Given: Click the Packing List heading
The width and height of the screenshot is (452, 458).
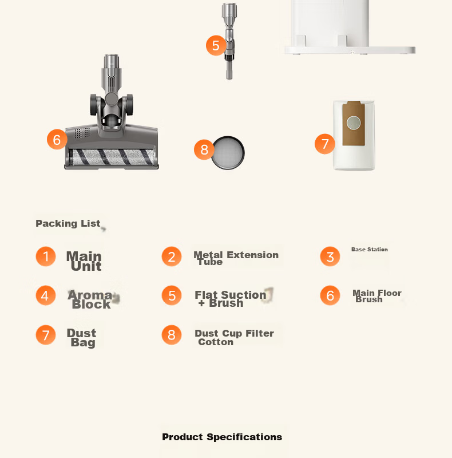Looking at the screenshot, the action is point(68,223).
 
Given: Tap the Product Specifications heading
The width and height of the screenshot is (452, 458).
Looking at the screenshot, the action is point(222,437).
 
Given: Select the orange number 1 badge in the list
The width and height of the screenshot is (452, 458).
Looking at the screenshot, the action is point(46,256).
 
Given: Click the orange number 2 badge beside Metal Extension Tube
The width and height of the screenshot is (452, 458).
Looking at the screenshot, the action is point(172,256).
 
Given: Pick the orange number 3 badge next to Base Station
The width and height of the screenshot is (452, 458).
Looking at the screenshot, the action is point(330,256).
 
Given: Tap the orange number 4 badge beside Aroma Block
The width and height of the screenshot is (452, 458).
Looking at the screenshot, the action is point(46,295).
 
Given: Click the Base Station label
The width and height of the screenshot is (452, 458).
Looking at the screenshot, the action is point(370,250).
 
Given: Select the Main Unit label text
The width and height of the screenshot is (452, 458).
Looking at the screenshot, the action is point(84,261).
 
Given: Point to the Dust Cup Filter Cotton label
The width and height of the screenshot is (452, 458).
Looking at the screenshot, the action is point(234,337).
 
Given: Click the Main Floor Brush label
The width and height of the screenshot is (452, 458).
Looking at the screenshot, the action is point(377,296).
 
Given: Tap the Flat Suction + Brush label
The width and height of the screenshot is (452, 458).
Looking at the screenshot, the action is point(231,299).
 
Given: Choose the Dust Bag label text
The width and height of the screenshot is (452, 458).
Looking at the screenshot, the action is point(81,338).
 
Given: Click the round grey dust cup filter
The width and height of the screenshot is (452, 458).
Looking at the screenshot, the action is point(228,153).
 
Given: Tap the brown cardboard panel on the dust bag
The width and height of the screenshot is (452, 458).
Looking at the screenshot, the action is point(354,123).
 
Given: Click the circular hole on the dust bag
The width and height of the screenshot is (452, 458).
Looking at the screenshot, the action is point(354,123).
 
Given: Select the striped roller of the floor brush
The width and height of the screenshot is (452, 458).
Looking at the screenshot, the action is point(112,157).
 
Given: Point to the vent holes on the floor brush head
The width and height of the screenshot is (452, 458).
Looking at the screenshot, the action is point(82,133).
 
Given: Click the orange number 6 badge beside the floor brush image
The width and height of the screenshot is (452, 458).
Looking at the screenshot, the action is point(57,139).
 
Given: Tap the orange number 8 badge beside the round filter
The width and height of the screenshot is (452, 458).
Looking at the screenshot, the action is point(204,149).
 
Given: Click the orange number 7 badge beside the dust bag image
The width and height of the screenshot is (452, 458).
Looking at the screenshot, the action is point(324,144).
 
